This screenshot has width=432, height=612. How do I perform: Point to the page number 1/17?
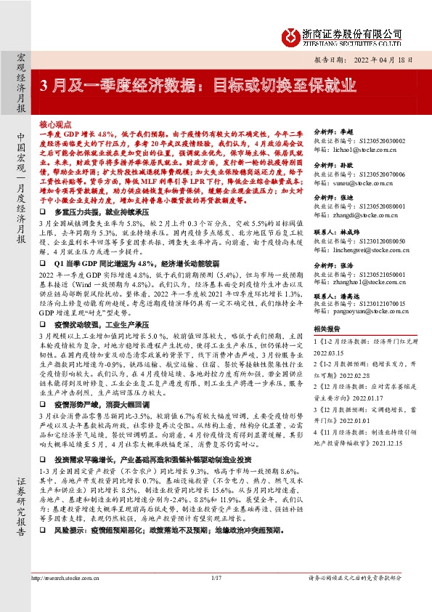coord(216,597)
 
